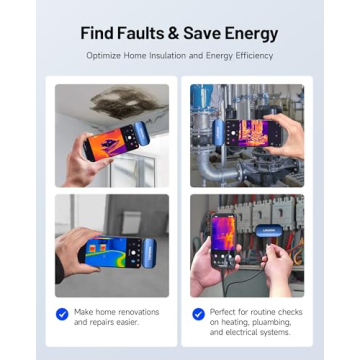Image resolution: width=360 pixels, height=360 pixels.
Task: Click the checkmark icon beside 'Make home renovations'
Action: coord(62,313)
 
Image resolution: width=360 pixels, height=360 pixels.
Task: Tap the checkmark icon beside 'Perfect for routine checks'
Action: coord(199,313)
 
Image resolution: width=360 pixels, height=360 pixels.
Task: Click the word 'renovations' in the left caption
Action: coord(126,312)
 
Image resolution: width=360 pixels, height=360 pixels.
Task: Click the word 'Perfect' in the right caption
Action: coord(227,312)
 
